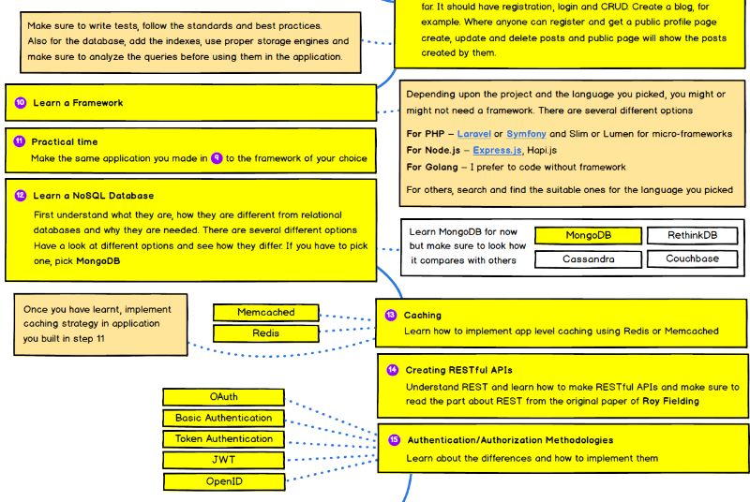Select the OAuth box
(223, 397)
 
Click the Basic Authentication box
(223, 418)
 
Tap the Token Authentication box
(223, 438)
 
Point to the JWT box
(223, 460)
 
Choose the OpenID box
(223, 481)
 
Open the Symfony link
(532, 134)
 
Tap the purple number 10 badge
(20, 102)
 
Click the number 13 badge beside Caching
(392, 316)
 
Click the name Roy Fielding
(668, 401)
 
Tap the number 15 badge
(393, 439)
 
